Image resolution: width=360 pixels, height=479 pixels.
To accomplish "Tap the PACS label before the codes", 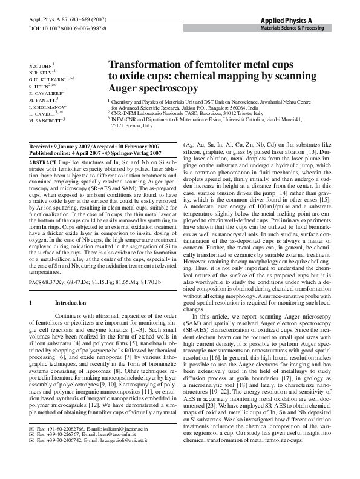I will [35, 282].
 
